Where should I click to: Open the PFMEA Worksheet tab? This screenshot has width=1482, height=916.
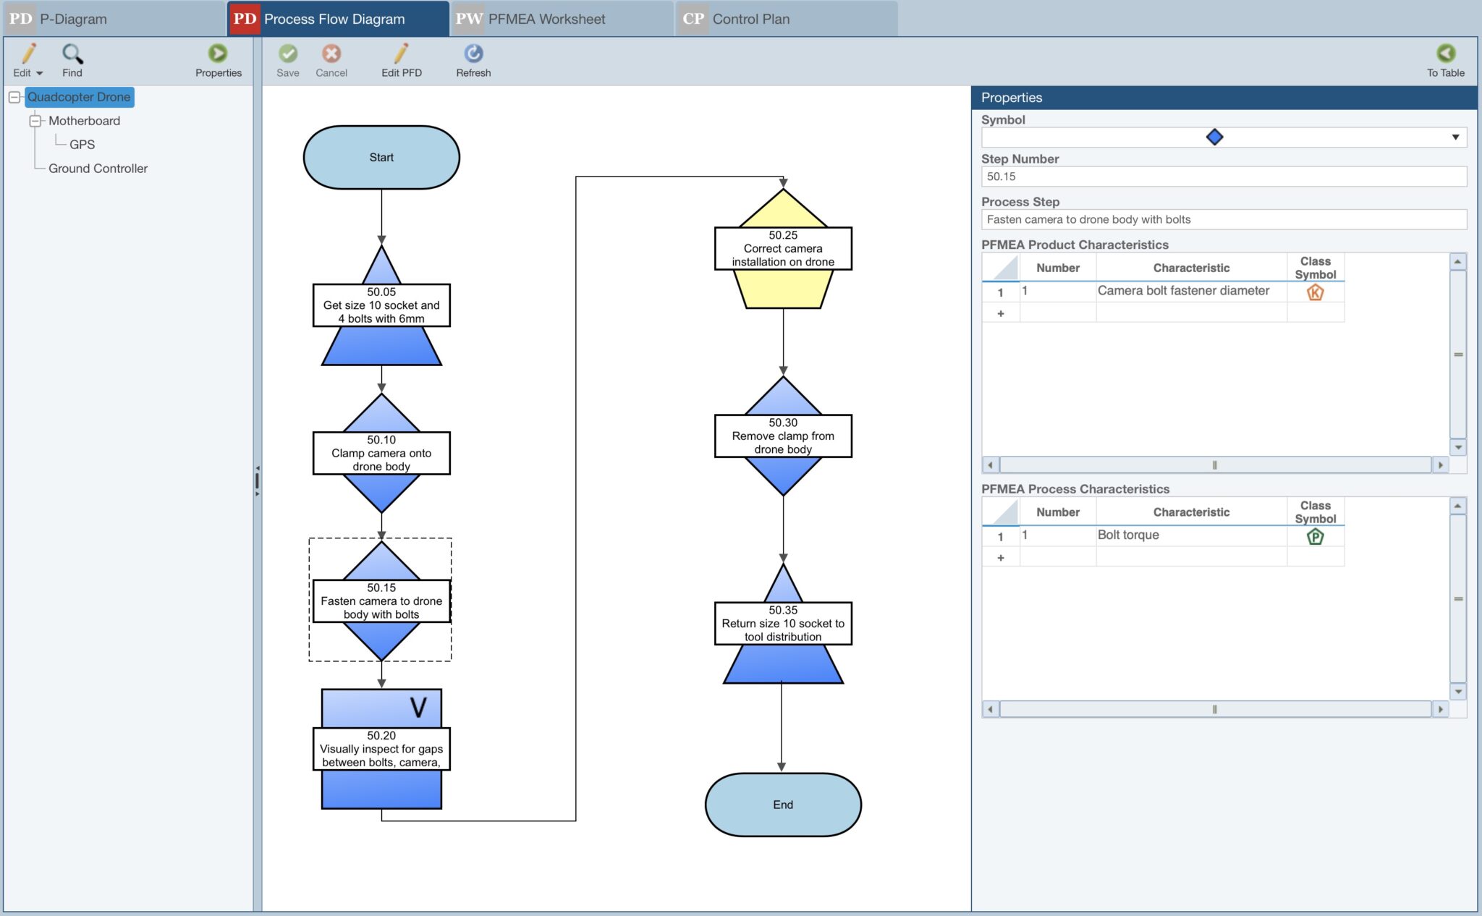tap(546, 19)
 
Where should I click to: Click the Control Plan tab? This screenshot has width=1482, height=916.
tap(750, 19)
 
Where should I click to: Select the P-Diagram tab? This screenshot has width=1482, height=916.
tap(72, 19)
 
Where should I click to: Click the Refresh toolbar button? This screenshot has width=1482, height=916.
tap(473, 60)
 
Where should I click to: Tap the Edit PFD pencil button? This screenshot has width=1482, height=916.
tap(402, 60)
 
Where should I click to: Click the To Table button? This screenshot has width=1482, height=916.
tap(1445, 60)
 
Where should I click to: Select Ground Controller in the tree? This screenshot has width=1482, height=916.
tap(98, 169)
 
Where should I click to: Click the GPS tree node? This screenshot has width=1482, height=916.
tap(82, 145)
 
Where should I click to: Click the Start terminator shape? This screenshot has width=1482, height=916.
tap(381, 158)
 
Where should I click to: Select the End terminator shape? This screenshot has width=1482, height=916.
tap(783, 805)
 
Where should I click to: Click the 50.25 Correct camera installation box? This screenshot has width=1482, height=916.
tap(783, 248)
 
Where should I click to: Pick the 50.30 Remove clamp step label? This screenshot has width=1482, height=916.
tap(783, 436)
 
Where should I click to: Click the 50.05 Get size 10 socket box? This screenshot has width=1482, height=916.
tap(381, 305)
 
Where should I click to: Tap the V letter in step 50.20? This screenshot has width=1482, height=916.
tap(418, 708)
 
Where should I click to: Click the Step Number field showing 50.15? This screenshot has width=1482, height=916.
tap(1223, 177)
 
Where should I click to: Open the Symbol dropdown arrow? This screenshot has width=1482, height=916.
tap(1455, 137)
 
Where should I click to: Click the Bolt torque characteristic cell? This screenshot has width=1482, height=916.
tap(1190, 535)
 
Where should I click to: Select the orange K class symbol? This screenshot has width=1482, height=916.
tap(1315, 292)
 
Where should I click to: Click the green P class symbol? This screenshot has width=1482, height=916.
tap(1315, 537)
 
